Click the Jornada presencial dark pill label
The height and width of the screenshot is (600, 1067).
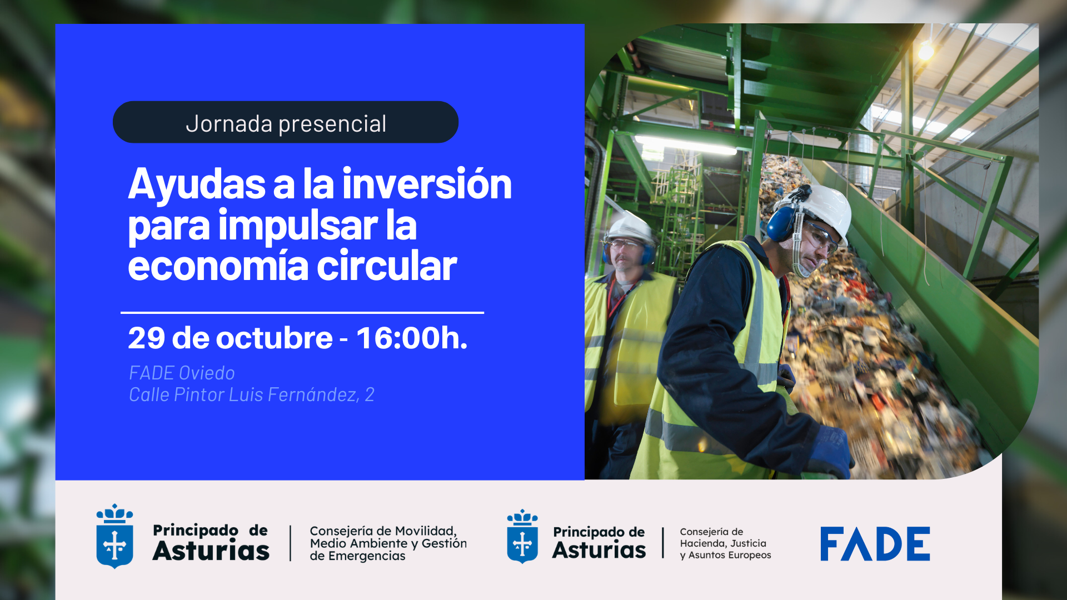coord(285,122)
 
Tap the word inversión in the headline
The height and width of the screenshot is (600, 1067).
coord(426,184)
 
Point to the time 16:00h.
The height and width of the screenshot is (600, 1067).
coord(411,338)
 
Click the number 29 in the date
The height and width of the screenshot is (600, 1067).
coord(146,338)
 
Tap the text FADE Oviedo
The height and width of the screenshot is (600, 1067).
coord(182,373)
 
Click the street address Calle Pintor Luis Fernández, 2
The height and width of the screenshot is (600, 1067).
coord(251,394)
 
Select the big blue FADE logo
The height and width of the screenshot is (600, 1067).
coord(875,544)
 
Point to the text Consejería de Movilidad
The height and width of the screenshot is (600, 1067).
coord(383,531)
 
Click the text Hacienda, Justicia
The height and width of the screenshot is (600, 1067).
coord(722,543)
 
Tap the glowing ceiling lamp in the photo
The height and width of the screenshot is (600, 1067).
coord(926,52)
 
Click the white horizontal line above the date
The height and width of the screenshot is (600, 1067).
coord(302,313)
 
